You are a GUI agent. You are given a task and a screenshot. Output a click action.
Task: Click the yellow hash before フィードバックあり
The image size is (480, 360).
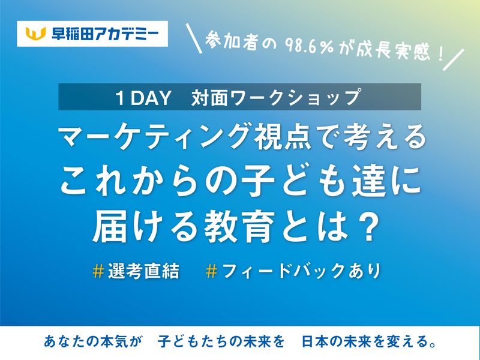pyautogui.click(x=211, y=271)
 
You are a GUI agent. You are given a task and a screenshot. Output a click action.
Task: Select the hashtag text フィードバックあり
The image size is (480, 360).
pyautogui.click(x=301, y=271)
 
